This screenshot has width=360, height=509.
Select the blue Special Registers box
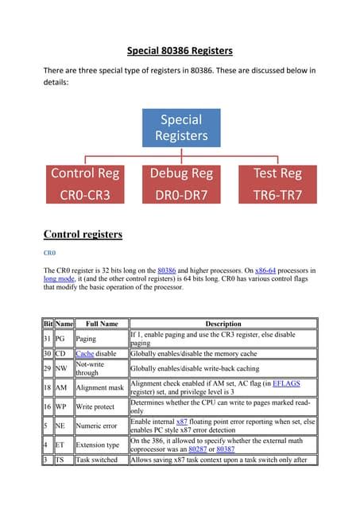point(181,128)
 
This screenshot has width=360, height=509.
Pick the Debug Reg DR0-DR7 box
point(181,184)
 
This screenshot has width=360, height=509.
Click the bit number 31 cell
point(48,339)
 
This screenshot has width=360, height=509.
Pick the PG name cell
point(60,339)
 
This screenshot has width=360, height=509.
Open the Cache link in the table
point(84,353)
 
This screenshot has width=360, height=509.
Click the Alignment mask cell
point(100,387)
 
